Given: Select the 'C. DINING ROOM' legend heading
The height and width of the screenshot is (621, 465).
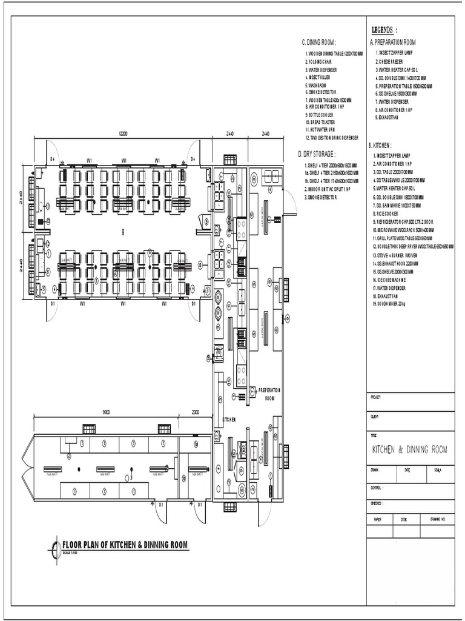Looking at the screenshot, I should click(x=319, y=42).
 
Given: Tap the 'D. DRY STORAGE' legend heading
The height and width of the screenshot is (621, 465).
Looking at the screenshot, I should click(x=316, y=154).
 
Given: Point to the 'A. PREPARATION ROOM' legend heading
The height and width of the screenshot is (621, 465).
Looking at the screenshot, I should click(x=392, y=42).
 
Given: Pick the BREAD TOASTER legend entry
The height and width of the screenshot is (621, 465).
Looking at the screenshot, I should click(x=322, y=122).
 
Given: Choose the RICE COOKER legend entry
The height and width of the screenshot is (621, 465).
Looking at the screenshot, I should click(x=387, y=214).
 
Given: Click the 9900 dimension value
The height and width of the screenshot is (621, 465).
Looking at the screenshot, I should click(x=105, y=412).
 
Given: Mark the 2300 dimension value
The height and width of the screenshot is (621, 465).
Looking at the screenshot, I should click(x=196, y=412).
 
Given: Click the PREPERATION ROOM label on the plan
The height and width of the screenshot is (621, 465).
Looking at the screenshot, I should click(x=269, y=394).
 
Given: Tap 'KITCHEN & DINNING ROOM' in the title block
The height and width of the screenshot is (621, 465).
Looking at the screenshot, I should click(x=409, y=449).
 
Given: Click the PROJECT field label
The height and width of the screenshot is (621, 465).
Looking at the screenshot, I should click(x=375, y=397).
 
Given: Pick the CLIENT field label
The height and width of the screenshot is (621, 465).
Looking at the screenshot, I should click(x=374, y=417).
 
